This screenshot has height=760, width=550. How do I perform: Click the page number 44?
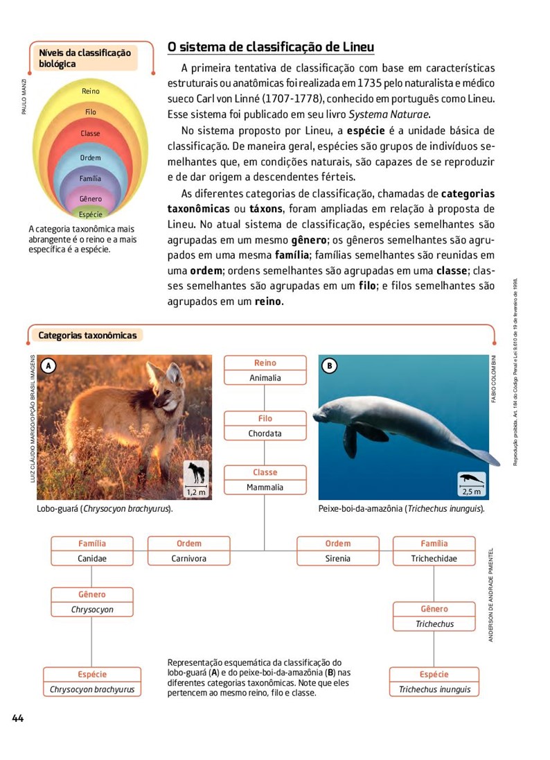click(17, 718)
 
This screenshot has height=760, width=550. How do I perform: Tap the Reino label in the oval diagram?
click(90, 92)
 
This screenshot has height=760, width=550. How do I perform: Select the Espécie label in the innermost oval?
click(90, 214)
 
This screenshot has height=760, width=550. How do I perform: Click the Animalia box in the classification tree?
click(265, 378)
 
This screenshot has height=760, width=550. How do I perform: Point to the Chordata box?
click(265, 433)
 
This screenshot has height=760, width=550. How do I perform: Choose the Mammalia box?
click(265, 487)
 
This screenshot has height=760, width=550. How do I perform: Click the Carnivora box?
click(189, 558)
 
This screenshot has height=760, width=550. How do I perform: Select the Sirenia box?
click(338, 558)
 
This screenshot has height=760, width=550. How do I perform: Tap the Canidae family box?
click(92, 558)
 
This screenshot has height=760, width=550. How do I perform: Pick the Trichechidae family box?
click(434, 558)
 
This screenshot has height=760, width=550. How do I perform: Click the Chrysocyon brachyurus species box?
click(92, 689)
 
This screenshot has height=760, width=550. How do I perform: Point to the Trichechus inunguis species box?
click(434, 689)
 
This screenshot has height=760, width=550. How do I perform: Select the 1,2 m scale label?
click(197, 492)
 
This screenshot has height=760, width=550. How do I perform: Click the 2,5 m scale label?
click(471, 492)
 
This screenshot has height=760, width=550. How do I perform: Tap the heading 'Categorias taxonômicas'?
click(87, 336)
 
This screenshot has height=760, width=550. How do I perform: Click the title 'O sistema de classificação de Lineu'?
click(271, 47)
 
